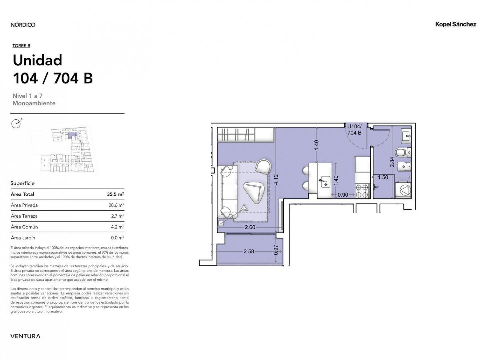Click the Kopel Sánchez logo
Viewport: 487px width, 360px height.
[455, 24]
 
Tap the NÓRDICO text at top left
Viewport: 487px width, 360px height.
[23, 25]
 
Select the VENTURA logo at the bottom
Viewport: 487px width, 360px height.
[25, 336]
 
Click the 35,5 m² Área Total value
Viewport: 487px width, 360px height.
[115, 194]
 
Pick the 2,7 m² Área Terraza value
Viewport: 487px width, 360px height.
[117, 216]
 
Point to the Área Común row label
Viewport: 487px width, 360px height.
[24, 227]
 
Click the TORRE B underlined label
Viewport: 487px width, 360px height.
[21, 46]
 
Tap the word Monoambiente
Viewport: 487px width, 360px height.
[34, 103]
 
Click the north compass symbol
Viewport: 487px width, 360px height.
[16, 124]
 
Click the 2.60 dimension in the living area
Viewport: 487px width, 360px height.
[250, 227]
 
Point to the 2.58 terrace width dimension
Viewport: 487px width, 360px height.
[249, 251]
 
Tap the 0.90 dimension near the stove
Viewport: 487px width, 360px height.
[343, 195]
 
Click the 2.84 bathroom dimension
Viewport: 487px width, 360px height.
[392, 162]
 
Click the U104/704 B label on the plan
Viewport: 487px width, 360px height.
[354, 130]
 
